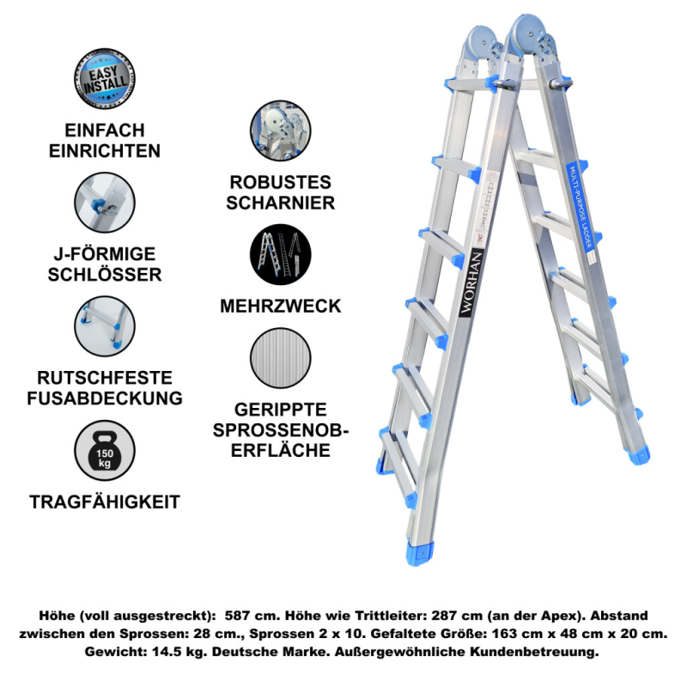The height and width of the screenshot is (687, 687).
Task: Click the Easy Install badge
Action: coord(104,78)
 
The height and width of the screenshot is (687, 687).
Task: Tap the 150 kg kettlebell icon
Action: coord(104,451)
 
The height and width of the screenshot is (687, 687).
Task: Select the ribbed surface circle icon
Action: coord(281,358)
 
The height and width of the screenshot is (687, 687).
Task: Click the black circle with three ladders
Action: coord(281,254)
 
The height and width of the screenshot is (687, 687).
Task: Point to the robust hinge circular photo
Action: coord(281,131)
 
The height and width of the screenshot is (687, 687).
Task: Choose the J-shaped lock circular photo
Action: coord(104,203)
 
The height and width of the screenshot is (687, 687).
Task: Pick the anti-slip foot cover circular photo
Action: coord(104,326)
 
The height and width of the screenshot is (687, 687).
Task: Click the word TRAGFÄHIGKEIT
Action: coord(105,502)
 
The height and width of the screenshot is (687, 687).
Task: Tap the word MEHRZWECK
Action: coord(281,307)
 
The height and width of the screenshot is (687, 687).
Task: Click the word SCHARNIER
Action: coord(281,203)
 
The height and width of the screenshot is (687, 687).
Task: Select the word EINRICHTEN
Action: coord(105,151)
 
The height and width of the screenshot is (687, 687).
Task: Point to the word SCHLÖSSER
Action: coord(105,275)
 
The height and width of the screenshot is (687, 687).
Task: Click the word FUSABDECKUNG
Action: coord(105,398)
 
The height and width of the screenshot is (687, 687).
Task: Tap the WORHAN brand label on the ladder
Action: coord(471,283)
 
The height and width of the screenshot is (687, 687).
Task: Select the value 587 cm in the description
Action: coord(252,616)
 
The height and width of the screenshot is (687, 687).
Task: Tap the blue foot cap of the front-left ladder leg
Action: coord(420,553)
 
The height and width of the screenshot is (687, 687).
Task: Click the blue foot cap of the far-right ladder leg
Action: coord(639,455)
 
